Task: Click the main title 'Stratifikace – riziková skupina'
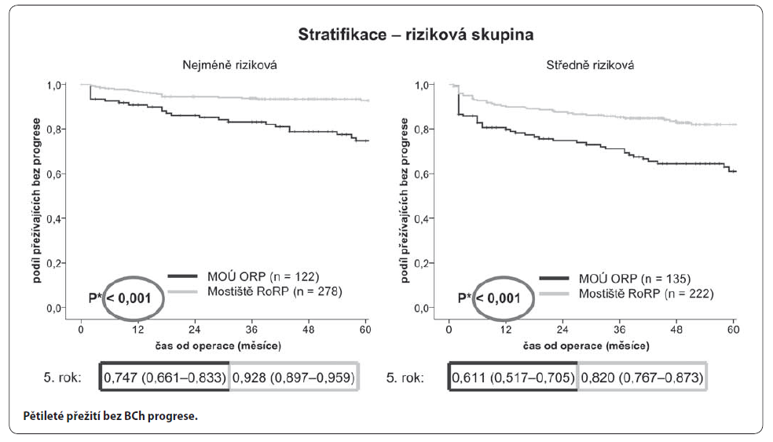[x=416, y=35]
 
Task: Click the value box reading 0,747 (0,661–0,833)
[x=165, y=377]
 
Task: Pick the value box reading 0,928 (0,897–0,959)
[x=294, y=377]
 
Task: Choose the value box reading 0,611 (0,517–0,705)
[x=513, y=377]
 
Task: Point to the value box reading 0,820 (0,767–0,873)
[x=642, y=377]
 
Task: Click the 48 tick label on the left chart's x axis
[x=308, y=331]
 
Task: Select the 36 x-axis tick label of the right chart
[x=619, y=331]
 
